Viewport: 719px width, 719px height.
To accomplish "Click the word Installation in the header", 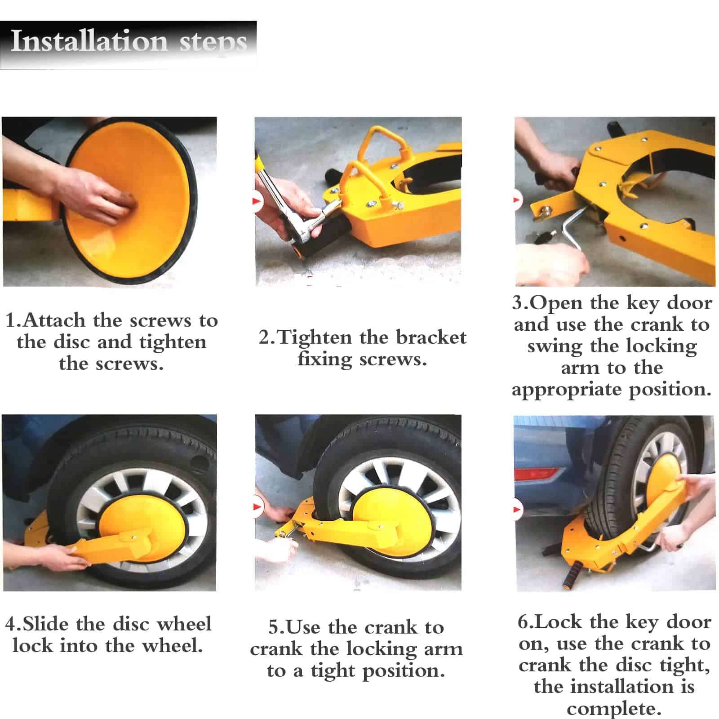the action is [89, 41].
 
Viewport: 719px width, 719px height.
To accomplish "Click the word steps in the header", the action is [213, 44].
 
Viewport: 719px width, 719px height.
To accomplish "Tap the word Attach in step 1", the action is [54, 320].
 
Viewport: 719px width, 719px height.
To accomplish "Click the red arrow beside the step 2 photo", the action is [257, 200].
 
